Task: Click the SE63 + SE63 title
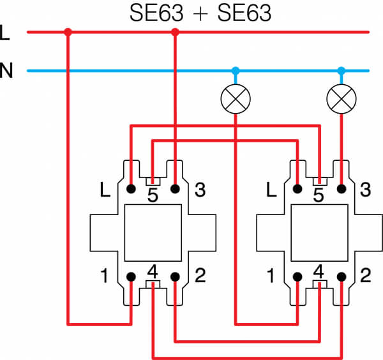point(200,13)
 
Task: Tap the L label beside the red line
point(4,33)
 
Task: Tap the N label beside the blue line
point(6,70)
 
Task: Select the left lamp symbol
point(236,99)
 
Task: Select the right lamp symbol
point(342,99)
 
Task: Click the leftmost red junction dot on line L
point(68,32)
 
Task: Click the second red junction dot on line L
point(175,32)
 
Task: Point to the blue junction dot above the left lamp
point(236,71)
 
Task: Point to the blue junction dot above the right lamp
point(342,71)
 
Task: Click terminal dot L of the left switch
point(131,189)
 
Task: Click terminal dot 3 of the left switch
point(175,189)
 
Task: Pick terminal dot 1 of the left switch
point(131,277)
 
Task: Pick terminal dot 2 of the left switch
point(175,277)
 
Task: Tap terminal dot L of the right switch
point(297,189)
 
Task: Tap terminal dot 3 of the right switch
point(342,189)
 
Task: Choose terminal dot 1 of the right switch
point(297,277)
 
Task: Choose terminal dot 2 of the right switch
point(342,277)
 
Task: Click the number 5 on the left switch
point(153,195)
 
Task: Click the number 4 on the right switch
point(319,271)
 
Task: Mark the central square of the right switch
point(320,233)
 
